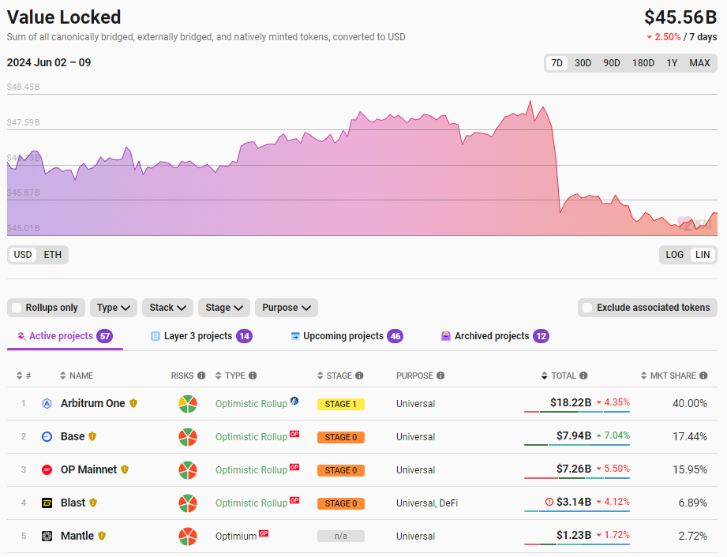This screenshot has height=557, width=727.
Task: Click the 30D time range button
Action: (x=583, y=63)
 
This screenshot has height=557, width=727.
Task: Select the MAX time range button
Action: (x=699, y=63)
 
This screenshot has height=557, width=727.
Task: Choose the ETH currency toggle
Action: (x=53, y=255)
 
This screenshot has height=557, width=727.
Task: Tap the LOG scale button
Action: (x=675, y=255)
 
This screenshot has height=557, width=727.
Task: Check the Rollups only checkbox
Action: (x=17, y=308)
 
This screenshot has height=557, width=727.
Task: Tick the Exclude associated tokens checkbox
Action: (x=586, y=308)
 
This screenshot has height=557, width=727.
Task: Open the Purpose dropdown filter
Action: (x=286, y=308)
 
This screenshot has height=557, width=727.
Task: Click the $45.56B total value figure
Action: (x=680, y=17)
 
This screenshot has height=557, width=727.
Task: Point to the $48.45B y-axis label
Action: (x=24, y=88)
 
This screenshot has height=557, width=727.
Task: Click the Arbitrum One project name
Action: (x=92, y=403)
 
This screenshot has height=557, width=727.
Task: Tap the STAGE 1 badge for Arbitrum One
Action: (x=341, y=404)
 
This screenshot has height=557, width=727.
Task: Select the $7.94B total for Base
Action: (x=574, y=436)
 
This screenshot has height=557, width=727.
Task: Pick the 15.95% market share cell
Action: (x=691, y=469)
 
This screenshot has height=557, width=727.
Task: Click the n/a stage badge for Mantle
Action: (x=341, y=536)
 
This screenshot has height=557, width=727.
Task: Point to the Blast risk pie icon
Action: (x=187, y=503)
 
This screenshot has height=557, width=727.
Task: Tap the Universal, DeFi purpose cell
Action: (x=427, y=503)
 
